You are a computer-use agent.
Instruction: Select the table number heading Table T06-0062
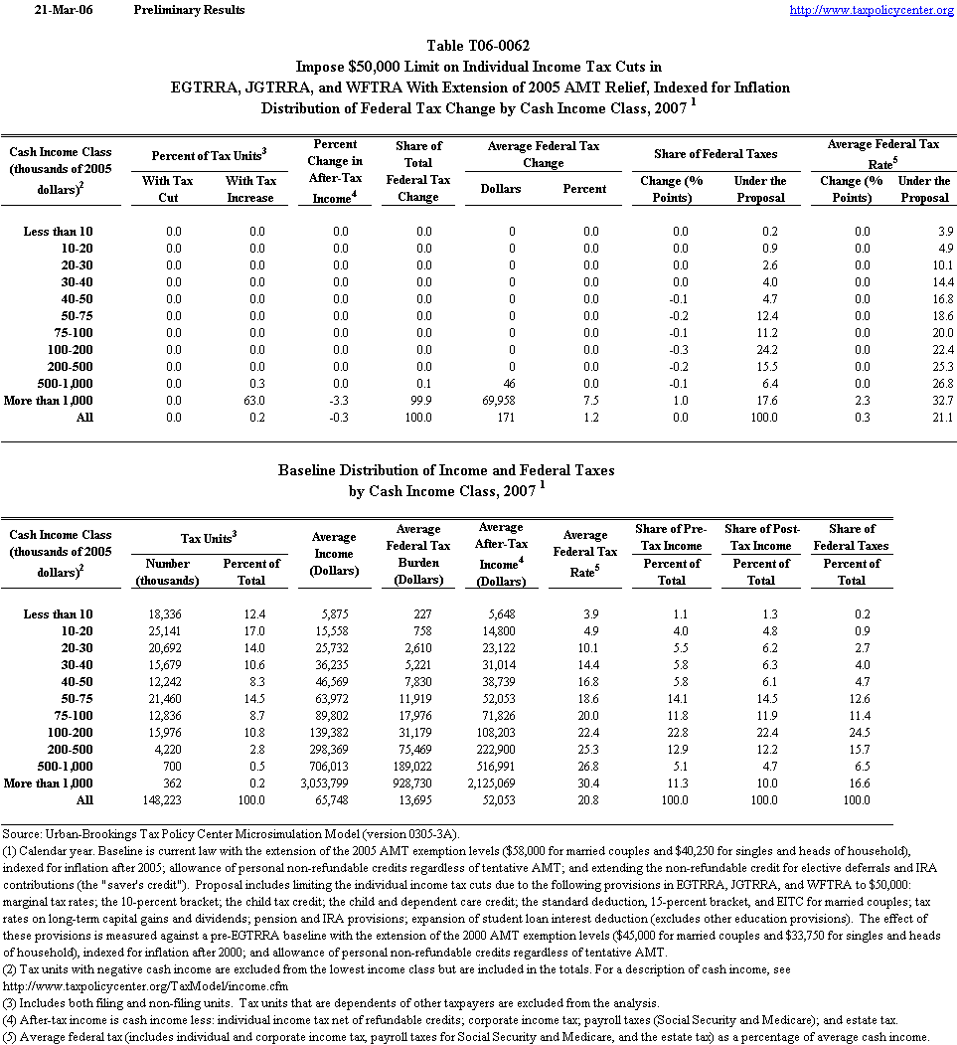point(477,46)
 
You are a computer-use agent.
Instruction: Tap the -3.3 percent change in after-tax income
point(341,400)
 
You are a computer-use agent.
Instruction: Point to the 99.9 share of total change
point(423,400)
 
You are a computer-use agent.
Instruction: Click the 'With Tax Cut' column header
point(168,189)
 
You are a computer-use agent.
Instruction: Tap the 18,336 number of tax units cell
point(163,614)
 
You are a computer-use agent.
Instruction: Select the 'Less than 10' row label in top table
point(58,232)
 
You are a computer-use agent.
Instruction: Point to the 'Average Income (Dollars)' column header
point(334,553)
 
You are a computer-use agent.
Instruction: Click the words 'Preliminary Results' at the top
point(189,10)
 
